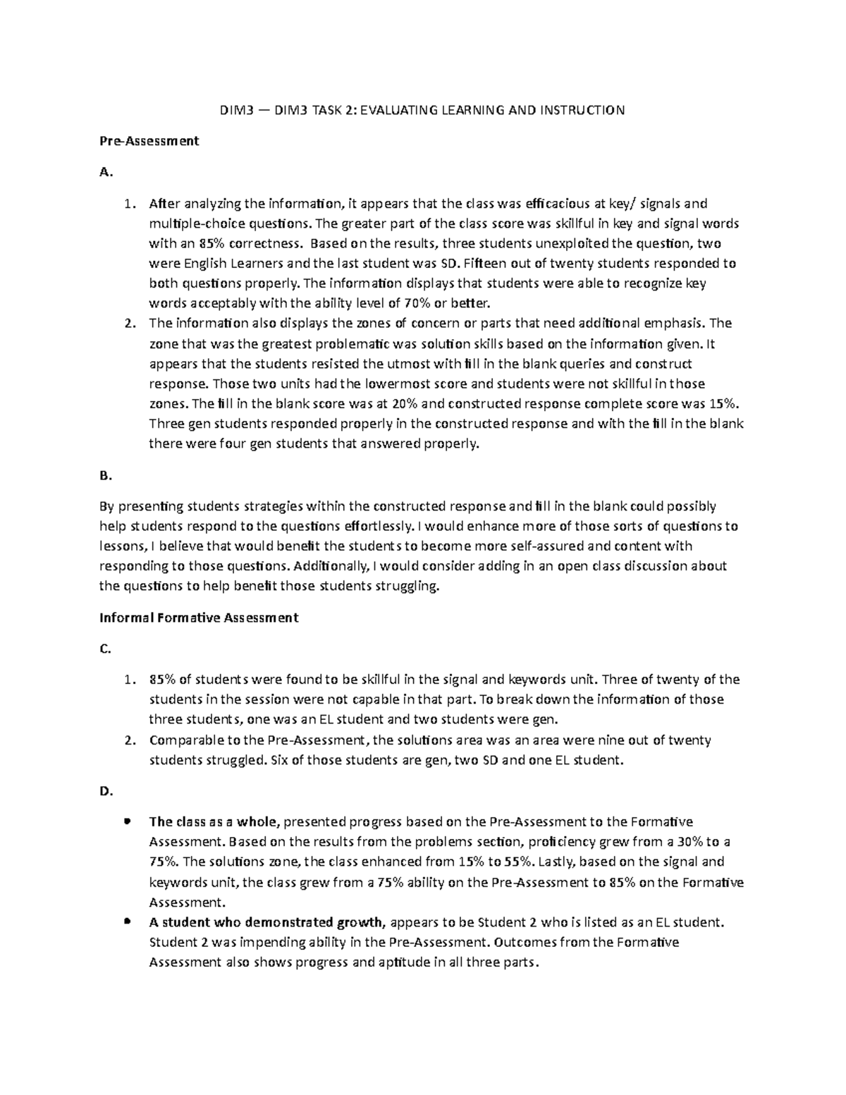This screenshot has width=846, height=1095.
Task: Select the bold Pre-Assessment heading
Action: [x=149, y=140]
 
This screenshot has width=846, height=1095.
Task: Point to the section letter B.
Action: [x=105, y=476]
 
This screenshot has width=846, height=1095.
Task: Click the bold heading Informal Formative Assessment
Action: [x=199, y=618]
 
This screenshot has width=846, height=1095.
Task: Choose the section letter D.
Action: [x=106, y=791]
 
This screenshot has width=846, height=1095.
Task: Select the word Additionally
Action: [x=330, y=566]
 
